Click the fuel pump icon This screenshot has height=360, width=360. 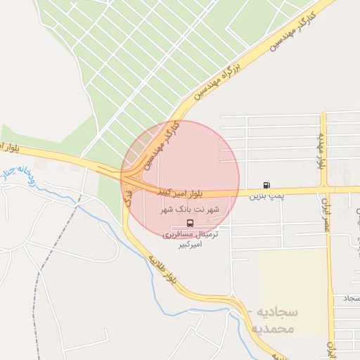point(266,185)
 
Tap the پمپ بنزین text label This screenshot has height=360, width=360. point(266,196)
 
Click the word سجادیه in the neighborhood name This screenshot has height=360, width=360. point(277,311)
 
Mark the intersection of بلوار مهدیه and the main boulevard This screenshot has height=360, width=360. point(324,188)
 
